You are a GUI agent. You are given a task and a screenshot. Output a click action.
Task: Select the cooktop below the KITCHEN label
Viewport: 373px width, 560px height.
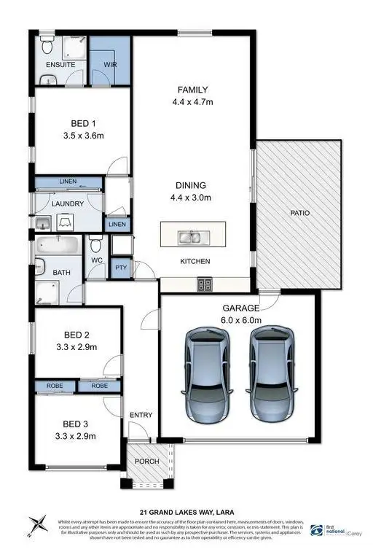205,284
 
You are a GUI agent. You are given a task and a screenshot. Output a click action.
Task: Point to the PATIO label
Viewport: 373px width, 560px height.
299,214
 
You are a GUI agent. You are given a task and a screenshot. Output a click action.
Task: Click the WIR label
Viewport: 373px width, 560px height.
110,65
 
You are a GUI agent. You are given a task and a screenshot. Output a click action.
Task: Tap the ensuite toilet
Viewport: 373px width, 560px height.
47,47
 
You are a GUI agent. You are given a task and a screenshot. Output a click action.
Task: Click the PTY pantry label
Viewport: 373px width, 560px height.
121,268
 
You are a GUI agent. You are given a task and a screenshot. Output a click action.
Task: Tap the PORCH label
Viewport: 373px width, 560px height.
147,462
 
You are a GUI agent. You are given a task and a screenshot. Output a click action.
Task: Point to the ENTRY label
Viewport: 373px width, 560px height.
141,416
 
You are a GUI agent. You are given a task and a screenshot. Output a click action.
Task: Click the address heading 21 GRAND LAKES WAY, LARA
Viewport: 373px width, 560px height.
186,511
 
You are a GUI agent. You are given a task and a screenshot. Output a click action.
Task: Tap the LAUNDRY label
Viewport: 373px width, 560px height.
68,203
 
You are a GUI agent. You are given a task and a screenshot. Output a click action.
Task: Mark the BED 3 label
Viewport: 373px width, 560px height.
75,424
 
